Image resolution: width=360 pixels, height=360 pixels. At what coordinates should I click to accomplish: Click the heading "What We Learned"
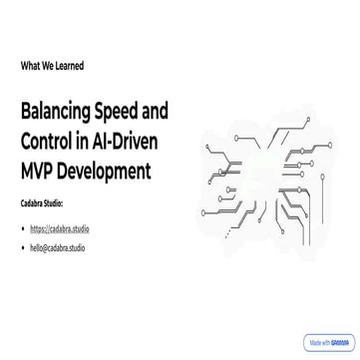point(52,66)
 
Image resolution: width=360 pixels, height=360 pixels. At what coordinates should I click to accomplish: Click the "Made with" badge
point(329,341)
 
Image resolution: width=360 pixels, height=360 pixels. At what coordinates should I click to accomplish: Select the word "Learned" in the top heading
point(69,66)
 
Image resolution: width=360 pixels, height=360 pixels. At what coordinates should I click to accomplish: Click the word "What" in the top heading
point(29,66)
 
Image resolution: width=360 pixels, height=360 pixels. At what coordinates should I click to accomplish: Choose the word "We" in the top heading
point(46,66)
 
